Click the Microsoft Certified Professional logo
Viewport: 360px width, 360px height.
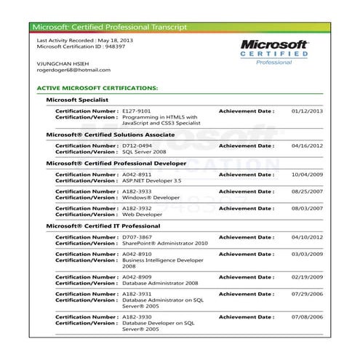(x=275, y=52)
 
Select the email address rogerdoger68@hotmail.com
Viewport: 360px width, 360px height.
(x=73, y=70)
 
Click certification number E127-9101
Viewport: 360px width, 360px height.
(x=137, y=111)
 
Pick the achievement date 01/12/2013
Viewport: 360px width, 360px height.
(x=307, y=111)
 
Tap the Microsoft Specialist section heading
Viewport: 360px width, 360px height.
(x=77, y=100)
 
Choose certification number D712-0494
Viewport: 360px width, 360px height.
(x=137, y=145)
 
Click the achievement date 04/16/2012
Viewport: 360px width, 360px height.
(x=307, y=145)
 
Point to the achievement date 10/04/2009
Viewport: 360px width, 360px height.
(x=307, y=175)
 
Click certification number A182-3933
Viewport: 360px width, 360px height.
(x=137, y=191)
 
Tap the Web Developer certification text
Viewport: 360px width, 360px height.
(x=142, y=215)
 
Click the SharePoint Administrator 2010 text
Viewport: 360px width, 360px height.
(x=165, y=243)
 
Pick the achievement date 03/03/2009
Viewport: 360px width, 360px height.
(x=307, y=255)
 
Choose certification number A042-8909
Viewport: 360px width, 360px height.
(x=137, y=277)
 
